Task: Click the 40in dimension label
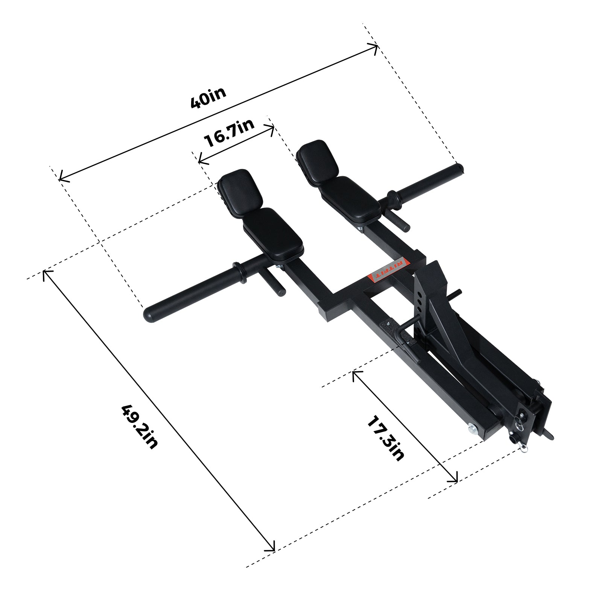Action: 208,98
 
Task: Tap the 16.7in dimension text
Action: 229,133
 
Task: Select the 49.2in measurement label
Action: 139,426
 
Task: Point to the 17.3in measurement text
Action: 385,438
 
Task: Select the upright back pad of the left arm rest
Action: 241,192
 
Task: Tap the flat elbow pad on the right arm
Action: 350,200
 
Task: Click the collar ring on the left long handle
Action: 239,272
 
